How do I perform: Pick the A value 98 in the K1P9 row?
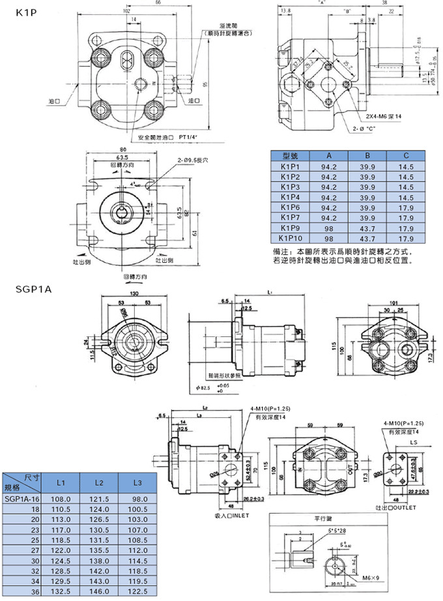328,228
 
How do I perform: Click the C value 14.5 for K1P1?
406,168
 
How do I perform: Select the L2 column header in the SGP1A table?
99,483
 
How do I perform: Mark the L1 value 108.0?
61,499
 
